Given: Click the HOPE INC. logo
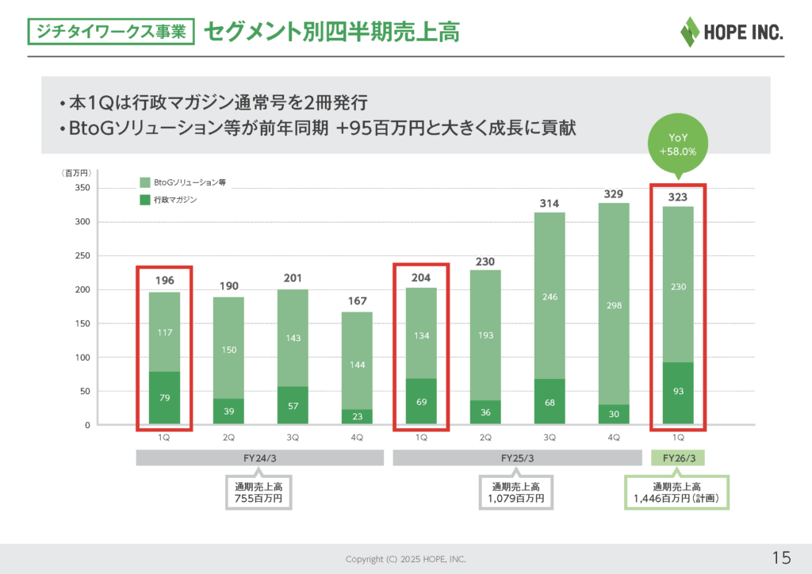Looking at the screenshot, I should point(731,31).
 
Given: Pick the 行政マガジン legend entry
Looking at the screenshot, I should point(169,200).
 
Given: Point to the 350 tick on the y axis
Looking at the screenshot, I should point(82,188).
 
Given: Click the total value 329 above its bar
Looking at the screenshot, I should point(613,193).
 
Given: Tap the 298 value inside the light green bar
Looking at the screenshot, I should point(613,304).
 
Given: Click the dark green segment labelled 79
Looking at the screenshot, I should point(164,397).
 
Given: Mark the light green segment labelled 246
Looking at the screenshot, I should point(549,297).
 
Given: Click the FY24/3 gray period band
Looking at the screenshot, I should point(260,458).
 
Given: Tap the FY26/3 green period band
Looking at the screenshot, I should point(678,458).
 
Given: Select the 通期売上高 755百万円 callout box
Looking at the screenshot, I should point(259,492).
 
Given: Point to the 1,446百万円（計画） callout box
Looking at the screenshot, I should point(678,492).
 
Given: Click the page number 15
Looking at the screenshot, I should point(781,558).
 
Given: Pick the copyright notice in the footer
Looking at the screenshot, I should point(405,559).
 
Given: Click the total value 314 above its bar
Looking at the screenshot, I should point(549,204).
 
